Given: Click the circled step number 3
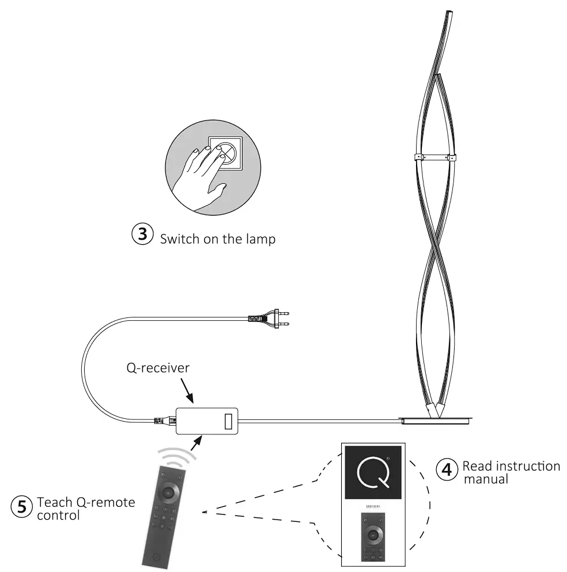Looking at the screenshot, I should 143,236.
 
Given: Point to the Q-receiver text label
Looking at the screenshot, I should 157,368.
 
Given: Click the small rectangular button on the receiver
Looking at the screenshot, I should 228,421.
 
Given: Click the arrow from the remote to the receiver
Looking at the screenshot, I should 196,444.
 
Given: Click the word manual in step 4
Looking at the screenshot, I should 485,479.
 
